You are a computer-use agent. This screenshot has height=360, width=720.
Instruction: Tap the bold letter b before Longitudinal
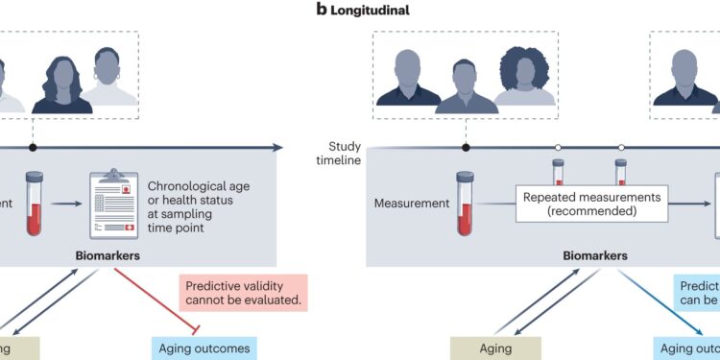(x=321, y=11)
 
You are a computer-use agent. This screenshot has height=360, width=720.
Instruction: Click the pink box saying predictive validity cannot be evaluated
(x=244, y=293)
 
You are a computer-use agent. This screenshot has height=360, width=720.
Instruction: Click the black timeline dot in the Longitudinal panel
(x=466, y=148)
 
